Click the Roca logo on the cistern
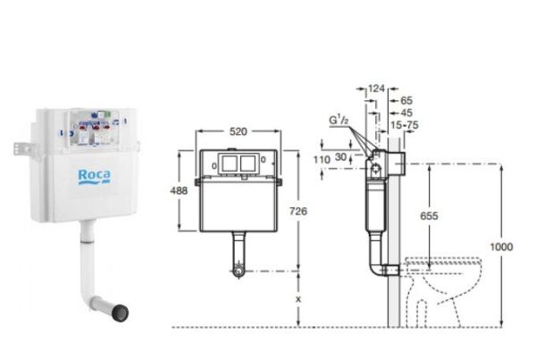click(x=95, y=177)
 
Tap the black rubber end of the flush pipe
click(x=120, y=312)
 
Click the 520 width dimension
click(x=239, y=131)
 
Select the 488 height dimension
click(x=179, y=190)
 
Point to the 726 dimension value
click(x=298, y=211)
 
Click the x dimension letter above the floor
click(x=298, y=299)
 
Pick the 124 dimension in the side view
click(x=376, y=88)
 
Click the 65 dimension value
click(x=406, y=101)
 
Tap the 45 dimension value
click(x=406, y=113)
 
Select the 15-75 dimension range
click(x=405, y=125)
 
